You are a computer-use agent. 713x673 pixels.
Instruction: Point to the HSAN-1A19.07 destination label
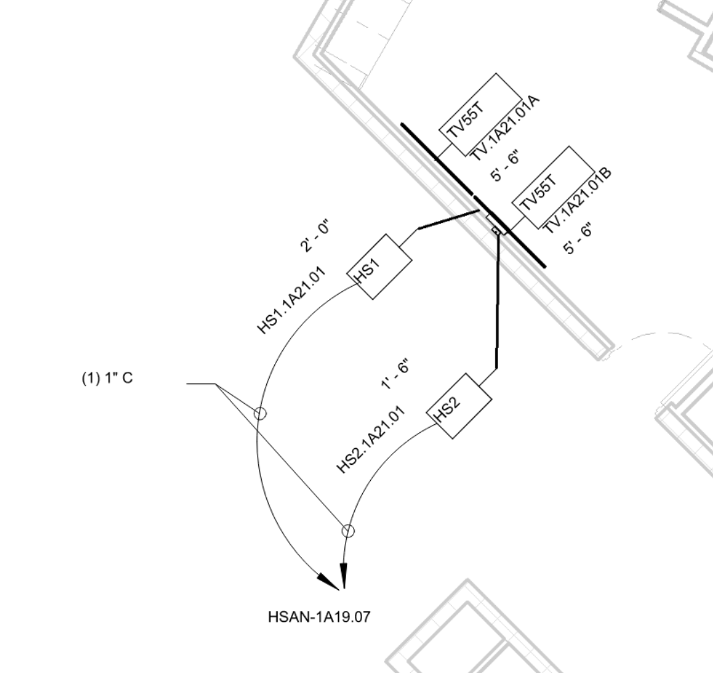click(x=318, y=617)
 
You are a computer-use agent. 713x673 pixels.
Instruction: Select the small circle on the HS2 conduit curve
click(x=348, y=530)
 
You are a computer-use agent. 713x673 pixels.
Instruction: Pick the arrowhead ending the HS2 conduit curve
click(x=344, y=577)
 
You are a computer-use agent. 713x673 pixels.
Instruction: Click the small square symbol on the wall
click(x=495, y=230)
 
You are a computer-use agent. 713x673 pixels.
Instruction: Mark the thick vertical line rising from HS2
click(x=497, y=299)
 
